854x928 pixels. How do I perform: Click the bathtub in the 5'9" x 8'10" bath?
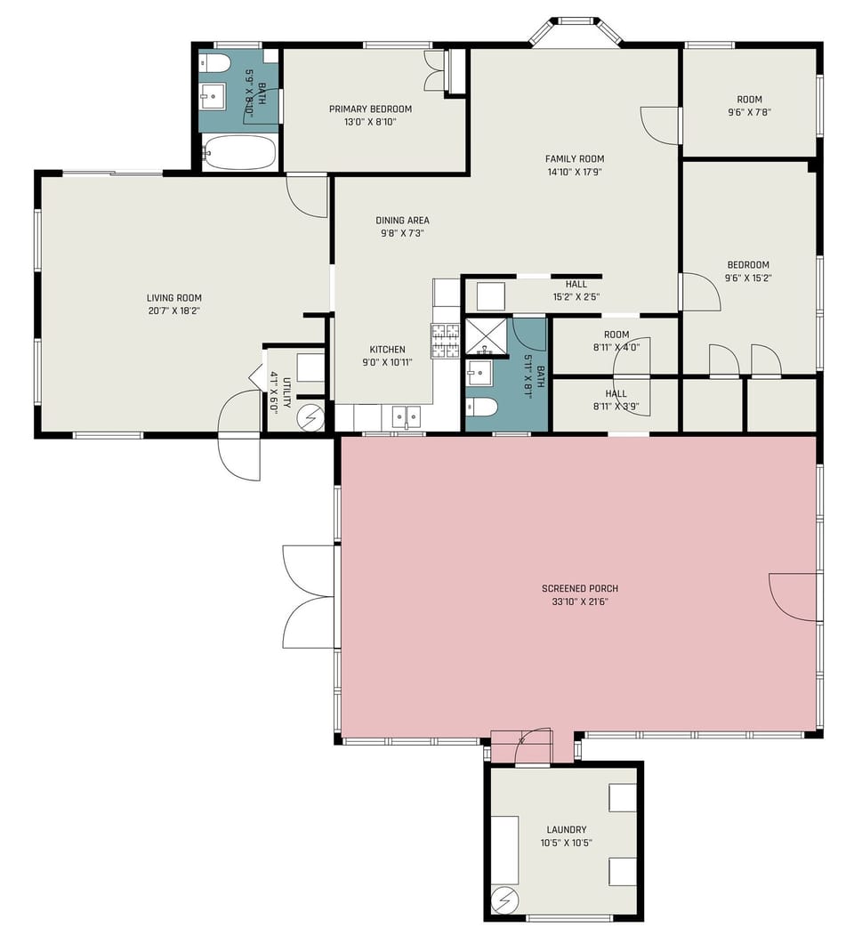[x=238, y=152]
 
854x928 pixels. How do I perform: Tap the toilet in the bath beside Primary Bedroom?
[x=214, y=62]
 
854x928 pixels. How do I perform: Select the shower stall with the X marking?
[x=486, y=336]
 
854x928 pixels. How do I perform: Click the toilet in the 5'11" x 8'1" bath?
[x=482, y=408]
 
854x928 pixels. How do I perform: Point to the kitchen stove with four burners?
[x=446, y=341]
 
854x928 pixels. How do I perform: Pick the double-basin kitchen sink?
[x=407, y=416]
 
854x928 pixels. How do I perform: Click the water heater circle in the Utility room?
[x=311, y=416]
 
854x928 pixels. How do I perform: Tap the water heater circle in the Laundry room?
[x=505, y=900]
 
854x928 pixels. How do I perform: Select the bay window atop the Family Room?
[x=576, y=32]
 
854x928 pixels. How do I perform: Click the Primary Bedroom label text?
[x=370, y=109]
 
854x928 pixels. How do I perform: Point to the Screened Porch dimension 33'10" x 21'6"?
[x=579, y=601]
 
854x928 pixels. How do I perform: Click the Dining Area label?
[x=402, y=221]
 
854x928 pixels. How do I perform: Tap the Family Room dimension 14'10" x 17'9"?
[x=575, y=172]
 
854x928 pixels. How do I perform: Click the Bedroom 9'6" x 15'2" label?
[x=748, y=264]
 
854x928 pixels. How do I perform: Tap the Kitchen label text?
[x=388, y=350]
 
